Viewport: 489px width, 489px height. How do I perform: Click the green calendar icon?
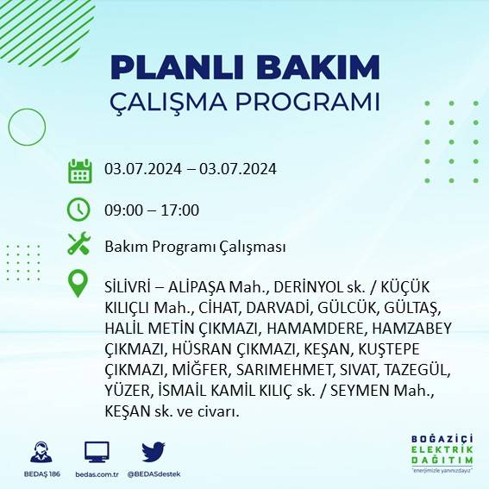79,170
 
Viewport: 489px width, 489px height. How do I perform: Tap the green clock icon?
79,209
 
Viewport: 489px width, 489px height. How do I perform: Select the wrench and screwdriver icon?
79,245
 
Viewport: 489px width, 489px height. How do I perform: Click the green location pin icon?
79,284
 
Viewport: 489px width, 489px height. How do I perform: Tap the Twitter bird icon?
154,452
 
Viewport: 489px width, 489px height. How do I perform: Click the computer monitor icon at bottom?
97,452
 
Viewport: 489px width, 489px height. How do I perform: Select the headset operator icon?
39,453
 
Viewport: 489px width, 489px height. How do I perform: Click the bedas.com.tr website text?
97,474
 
